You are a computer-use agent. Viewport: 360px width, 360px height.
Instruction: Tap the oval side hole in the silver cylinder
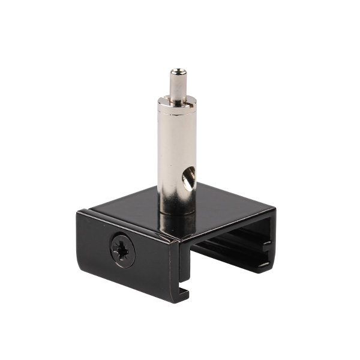pos(188,179)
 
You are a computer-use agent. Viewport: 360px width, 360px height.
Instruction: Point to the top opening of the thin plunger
pos(178,72)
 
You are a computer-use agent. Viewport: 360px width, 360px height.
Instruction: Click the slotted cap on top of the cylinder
pos(177,102)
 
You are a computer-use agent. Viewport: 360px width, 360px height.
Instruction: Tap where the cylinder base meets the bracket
pos(177,210)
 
